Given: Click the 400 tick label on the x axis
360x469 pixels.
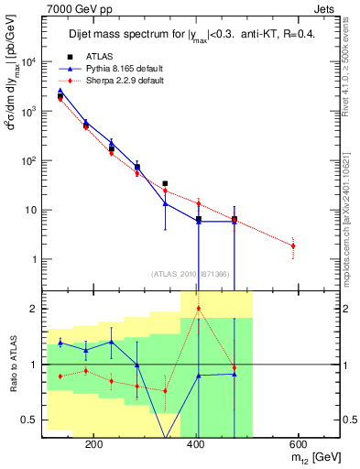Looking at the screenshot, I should click(x=196, y=444).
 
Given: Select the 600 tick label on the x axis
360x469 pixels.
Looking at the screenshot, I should click(x=298, y=444).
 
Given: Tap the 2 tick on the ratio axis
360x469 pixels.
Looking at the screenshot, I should click(x=34, y=309).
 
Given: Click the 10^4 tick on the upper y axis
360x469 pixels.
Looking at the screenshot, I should click(x=27, y=62).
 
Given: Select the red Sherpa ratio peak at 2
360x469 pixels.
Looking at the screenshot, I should click(x=199, y=309).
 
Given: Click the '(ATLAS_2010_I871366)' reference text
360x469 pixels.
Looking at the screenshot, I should click(x=191, y=274).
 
